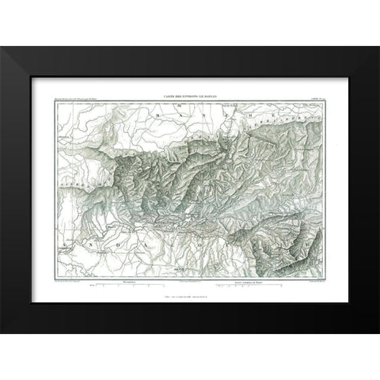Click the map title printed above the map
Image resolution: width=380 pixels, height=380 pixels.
190,94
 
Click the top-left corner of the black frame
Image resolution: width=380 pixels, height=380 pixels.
2,48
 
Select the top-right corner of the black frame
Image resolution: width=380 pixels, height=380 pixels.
378,48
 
